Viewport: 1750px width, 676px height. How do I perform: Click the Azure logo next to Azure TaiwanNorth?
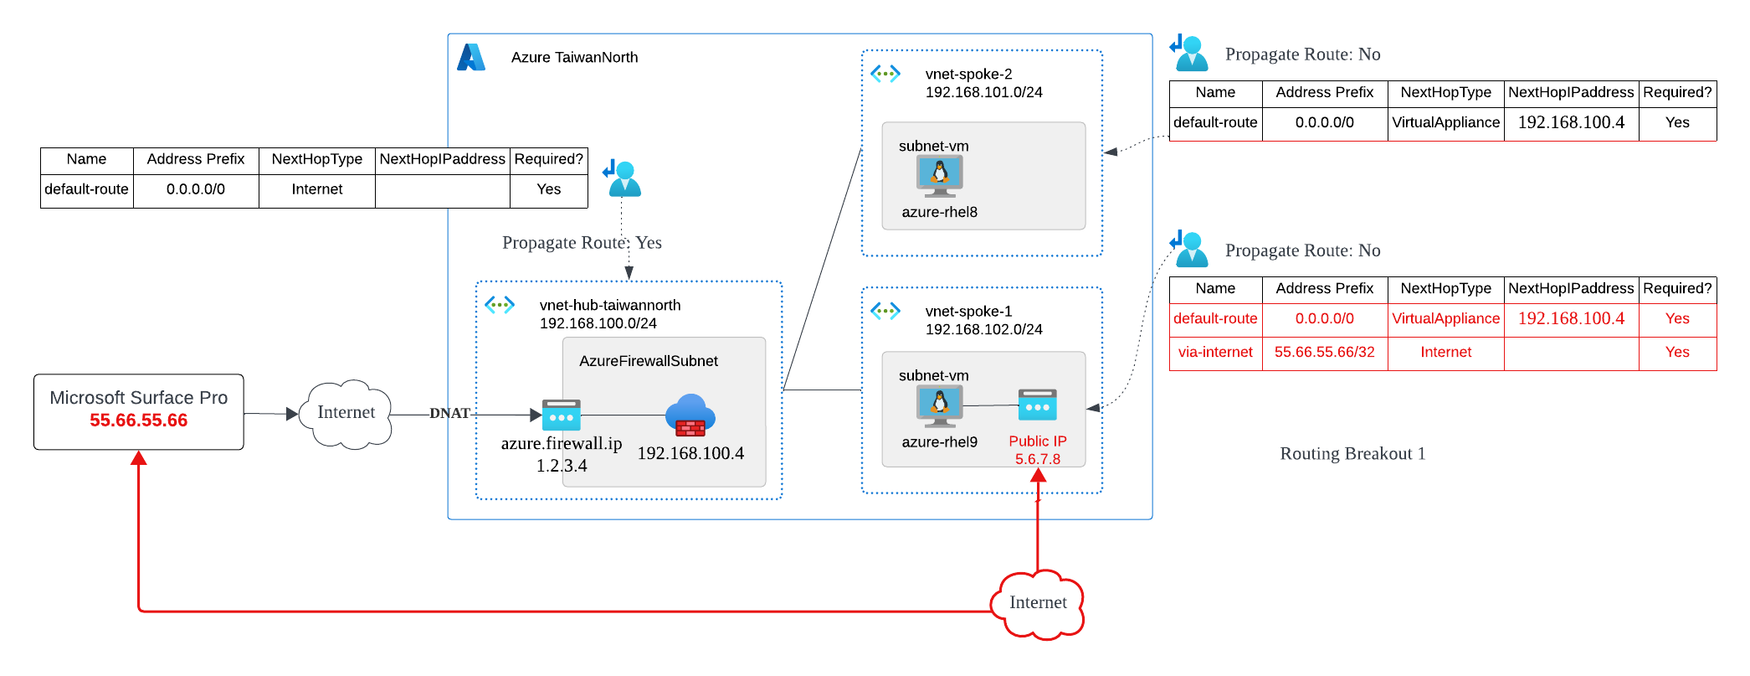[471, 57]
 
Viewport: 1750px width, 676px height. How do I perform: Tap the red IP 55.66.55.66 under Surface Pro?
[139, 421]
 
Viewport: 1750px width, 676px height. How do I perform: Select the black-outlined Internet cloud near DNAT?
[347, 413]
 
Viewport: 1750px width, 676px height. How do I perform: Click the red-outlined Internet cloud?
[1038, 603]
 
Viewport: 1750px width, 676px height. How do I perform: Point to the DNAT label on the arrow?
[449, 413]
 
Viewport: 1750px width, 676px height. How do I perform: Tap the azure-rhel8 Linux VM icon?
[940, 175]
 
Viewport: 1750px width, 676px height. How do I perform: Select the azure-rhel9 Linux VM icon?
[940, 405]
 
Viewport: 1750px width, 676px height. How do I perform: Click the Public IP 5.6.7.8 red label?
[1038, 450]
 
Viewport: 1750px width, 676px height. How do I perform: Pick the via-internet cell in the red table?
[1215, 353]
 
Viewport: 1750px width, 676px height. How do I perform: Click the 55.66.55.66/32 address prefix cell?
[1324, 353]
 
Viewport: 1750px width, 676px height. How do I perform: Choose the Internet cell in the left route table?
[317, 190]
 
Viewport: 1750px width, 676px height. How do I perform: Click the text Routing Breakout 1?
[1352, 454]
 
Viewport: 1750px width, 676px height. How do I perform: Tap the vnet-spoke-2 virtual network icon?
[885, 74]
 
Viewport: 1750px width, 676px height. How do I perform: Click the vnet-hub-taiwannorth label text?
[610, 305]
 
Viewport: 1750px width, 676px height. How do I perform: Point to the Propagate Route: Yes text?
[582, 243]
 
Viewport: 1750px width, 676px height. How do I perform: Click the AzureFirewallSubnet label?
[649, 361]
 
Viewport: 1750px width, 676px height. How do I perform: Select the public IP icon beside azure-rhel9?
[1038, 405]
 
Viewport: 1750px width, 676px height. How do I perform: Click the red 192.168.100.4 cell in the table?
[1571, 319]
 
